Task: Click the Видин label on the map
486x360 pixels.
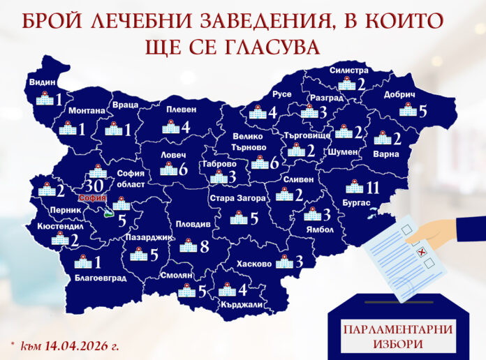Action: click(x=42, y=82)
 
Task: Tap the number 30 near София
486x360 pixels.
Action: click(x=94, y=186)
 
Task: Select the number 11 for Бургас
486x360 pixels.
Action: click(x=371, y=188)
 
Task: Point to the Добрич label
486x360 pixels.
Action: click(x=399, y=95)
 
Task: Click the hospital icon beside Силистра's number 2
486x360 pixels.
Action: click(x=346, y=84)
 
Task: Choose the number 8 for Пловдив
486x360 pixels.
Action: click(x=204, y=246)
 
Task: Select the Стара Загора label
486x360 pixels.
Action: click(x=237, y=198)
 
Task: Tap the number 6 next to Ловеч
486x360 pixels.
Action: click(x=183, y=170)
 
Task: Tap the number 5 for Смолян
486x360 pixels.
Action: click(x=202, y=291)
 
